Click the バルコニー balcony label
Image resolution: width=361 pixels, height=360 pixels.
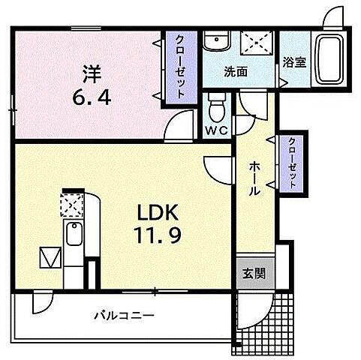click(x=124, y=315)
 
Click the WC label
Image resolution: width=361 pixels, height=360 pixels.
click(x=216, y=128)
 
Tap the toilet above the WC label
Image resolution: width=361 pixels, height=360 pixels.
click(x=217, y=106)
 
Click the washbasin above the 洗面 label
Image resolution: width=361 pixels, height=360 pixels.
click(x=218, y=42)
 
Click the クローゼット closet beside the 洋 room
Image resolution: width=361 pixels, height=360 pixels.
click(x=181, y=67)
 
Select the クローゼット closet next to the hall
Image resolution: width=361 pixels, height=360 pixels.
click(x=291, y=163)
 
